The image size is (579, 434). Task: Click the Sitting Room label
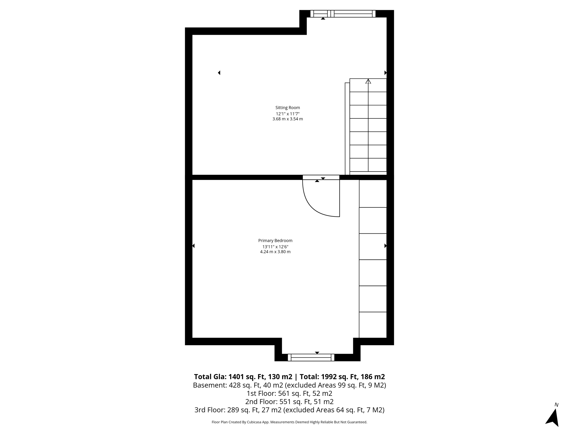click(x=288, y=108)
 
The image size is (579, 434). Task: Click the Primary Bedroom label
click(x=275, y=241)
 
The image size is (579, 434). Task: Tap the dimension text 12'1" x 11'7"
click(x=288, y=114)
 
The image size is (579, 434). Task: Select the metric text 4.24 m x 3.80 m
click(x=275, y=252)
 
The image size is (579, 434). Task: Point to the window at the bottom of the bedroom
click(x=311, y=357)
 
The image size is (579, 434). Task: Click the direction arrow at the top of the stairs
click(x=368, y=81)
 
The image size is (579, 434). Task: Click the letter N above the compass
click(x=556, y=405)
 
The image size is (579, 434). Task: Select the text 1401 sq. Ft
click(x=246, y=377)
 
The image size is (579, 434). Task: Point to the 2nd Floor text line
click(x=289, y=402)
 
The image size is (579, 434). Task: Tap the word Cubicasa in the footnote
click(x=254, y=422)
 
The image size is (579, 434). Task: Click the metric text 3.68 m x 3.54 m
click(x=288, y=119)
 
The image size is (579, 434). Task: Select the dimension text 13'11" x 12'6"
click(x=275, y=247)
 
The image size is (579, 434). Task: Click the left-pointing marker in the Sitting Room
click(x=219, y=73)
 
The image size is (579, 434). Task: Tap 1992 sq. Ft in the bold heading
click(x=334, y=377)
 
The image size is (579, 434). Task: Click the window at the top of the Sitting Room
click(x=343, y=14)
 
